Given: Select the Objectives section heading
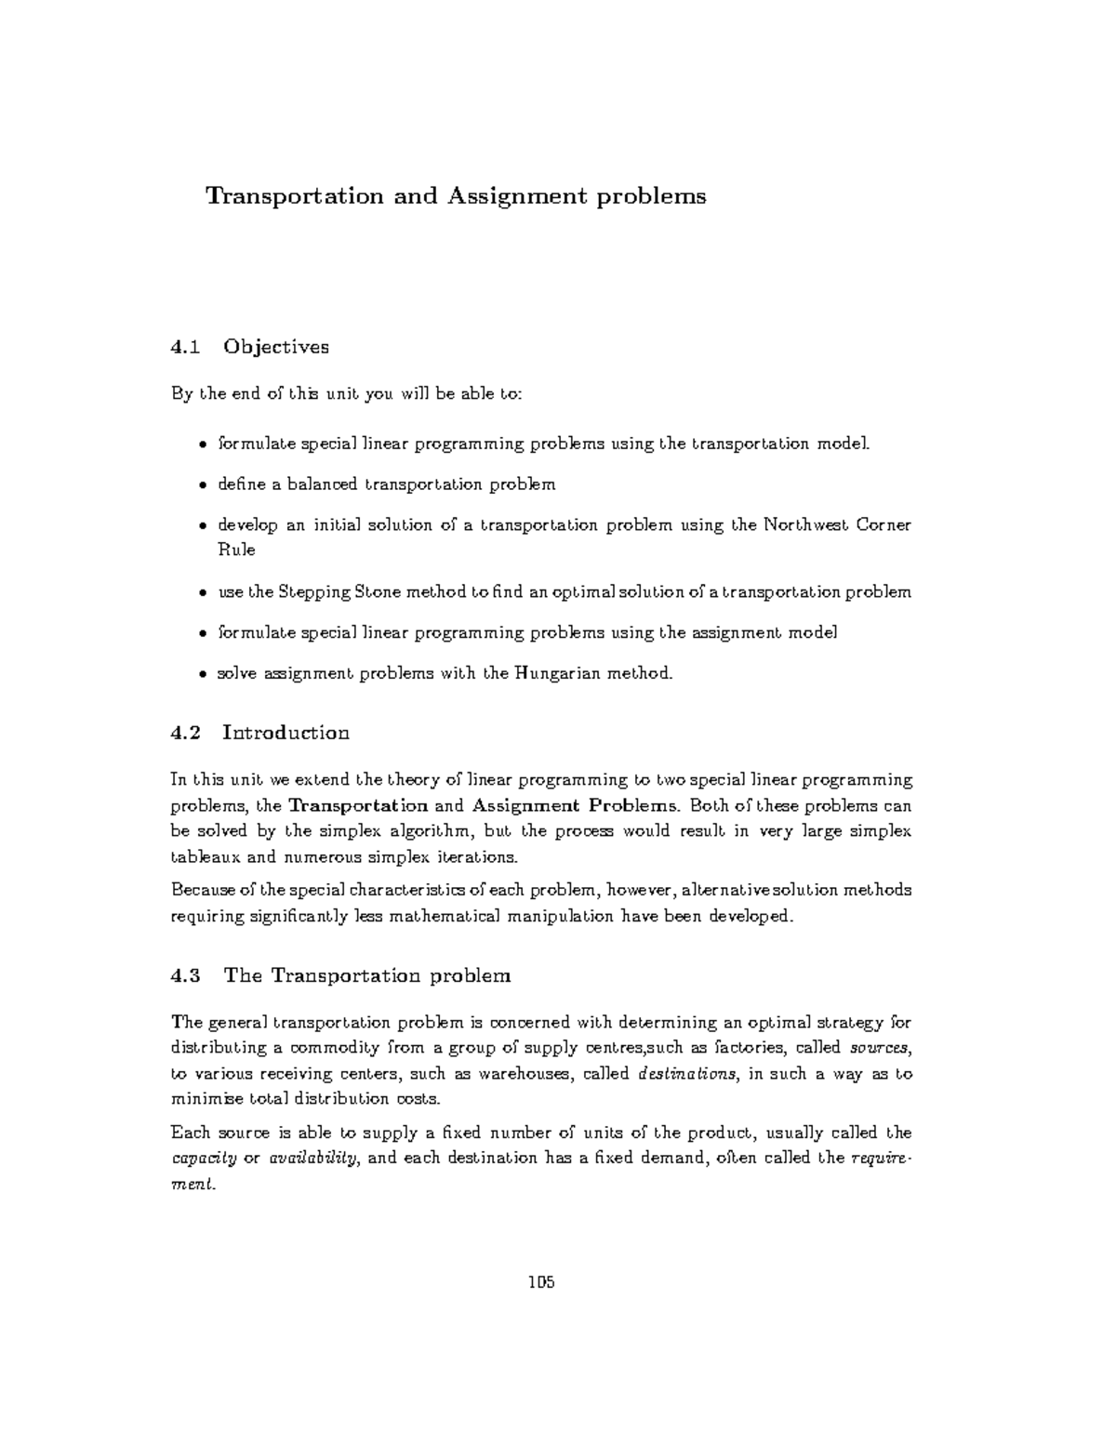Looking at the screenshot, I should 276,347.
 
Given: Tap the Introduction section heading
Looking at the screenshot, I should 286,733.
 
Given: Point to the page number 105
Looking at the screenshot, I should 541,1283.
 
